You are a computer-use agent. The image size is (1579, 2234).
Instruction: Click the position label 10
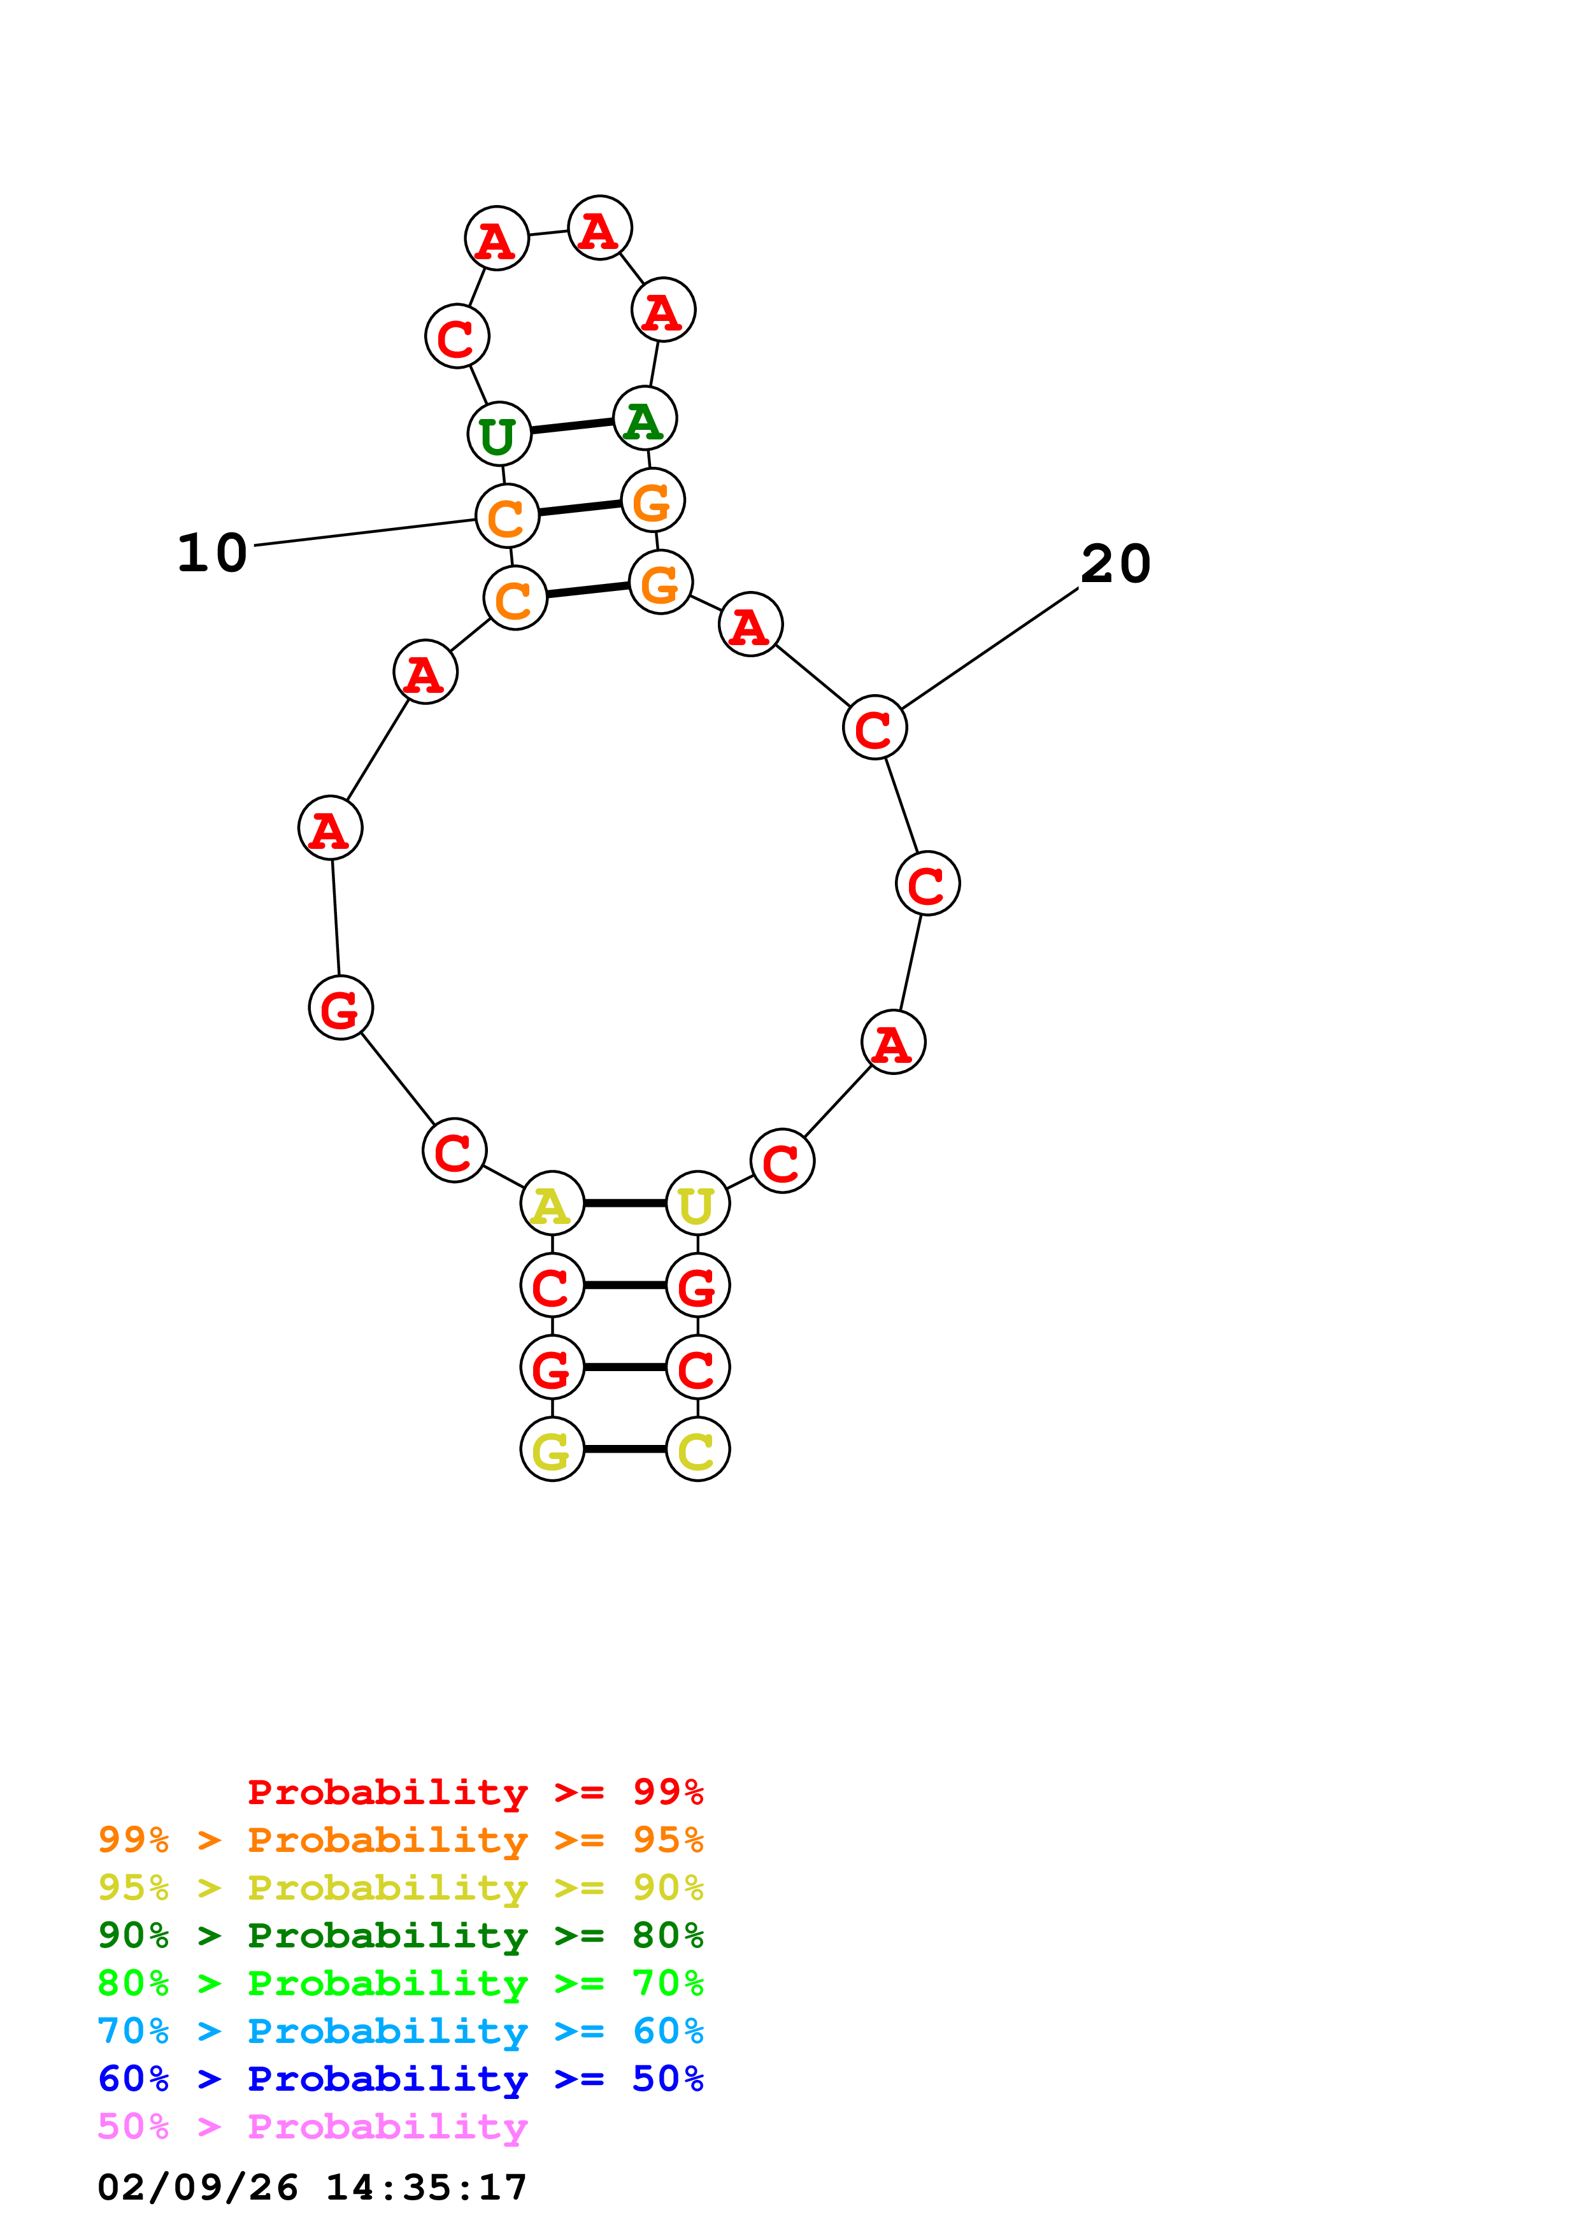[212, 553]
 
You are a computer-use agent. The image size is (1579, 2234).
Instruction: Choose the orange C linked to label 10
[507, 516]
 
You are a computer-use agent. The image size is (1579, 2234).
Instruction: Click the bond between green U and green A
[572, 426]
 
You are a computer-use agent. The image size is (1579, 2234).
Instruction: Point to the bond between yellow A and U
[625, 1204]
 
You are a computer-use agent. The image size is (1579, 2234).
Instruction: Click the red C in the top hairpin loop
[456, 337]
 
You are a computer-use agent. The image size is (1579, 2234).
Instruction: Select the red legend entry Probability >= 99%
[475, 1791]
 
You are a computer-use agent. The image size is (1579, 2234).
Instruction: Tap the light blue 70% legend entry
[400, 2031]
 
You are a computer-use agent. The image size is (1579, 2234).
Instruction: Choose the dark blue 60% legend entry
[400, 2079]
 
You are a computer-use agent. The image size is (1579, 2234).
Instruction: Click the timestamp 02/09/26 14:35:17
[311, 2188]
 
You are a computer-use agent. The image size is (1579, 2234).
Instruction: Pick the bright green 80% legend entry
[400, 1983]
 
